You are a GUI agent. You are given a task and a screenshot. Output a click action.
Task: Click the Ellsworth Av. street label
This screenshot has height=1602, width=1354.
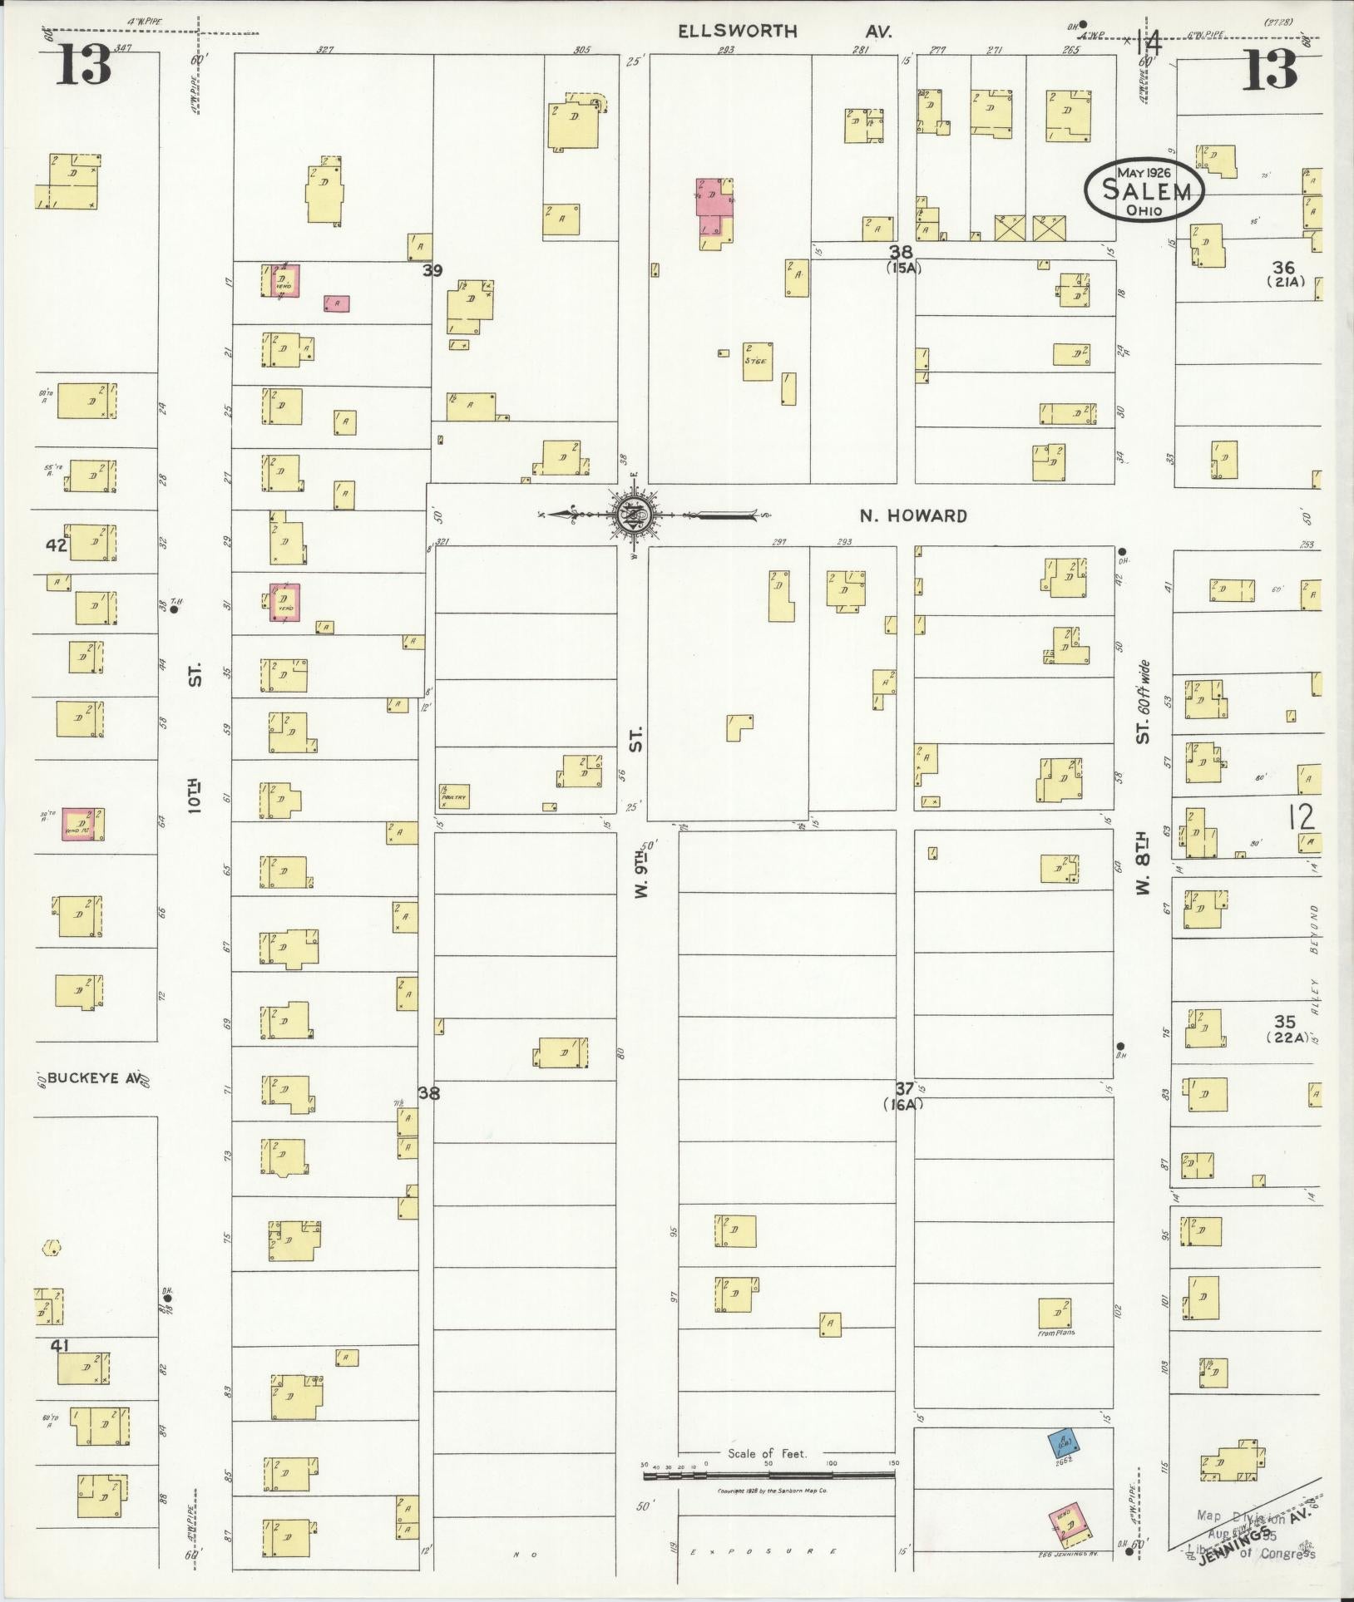784,32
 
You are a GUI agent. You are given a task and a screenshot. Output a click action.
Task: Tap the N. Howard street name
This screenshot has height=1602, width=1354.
913,516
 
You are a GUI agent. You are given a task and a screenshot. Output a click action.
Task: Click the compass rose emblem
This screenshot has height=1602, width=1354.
633,515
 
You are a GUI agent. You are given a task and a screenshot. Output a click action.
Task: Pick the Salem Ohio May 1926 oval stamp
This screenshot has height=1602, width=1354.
1144,190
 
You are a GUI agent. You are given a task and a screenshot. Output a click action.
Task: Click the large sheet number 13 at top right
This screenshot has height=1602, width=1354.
1270,68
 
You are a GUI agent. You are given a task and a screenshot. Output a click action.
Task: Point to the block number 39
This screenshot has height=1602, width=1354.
432,270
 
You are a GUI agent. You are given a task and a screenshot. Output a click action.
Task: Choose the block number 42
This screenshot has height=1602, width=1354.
57,545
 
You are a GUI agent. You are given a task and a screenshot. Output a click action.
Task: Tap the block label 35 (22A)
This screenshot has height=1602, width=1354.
1284,1028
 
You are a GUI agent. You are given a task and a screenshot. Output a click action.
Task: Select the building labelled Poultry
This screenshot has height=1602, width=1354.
455,796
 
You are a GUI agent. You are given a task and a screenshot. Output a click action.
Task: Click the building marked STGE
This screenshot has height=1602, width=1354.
757,362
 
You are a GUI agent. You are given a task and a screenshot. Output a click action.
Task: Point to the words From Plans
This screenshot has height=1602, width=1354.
1056,1333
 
